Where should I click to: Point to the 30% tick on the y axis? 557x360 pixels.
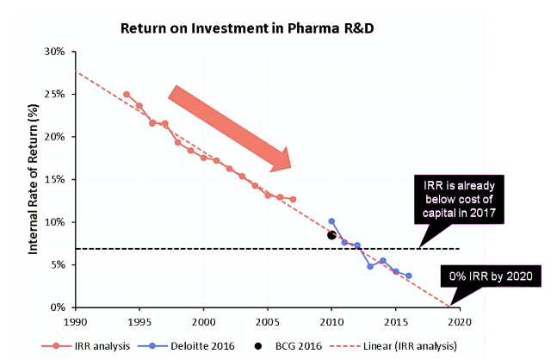tap(55, 52)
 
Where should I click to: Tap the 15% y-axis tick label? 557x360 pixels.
tap(55, 179)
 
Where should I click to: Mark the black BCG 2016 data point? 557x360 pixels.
tap(331, 235)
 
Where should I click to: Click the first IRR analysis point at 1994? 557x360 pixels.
tap(127, 94)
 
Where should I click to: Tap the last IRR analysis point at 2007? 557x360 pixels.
tap(293, 199)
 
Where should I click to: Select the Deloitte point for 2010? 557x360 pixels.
tap(331, 221)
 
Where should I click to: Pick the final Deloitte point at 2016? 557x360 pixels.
tap(408, 276)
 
